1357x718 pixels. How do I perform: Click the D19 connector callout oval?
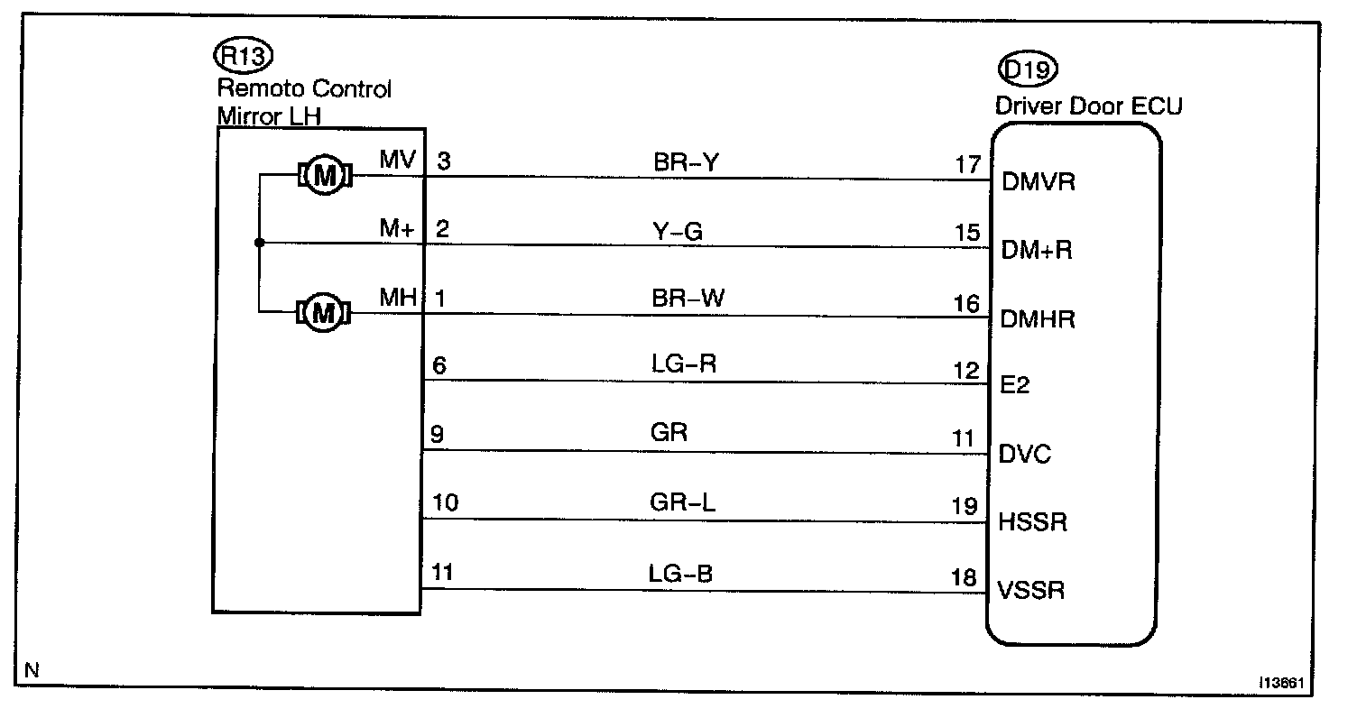(1027, 69)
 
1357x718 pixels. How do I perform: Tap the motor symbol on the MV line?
(323, 176)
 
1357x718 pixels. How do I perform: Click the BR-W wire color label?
(688, 299)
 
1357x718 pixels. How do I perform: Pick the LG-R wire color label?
(684, 365)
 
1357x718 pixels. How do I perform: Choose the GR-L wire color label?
(682, 502)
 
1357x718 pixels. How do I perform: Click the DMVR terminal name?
(1039, 183)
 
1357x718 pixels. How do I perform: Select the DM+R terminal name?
(1037, 251)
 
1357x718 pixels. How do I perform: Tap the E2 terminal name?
(1016, 386)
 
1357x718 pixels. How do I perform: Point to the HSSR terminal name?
(1033, 523)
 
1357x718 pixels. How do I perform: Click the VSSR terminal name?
(1031, 592)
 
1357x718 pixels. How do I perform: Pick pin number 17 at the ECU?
(967, 165)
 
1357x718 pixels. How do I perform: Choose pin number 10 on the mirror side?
(446, 502)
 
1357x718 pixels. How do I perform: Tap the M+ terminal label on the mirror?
(397, 230)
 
